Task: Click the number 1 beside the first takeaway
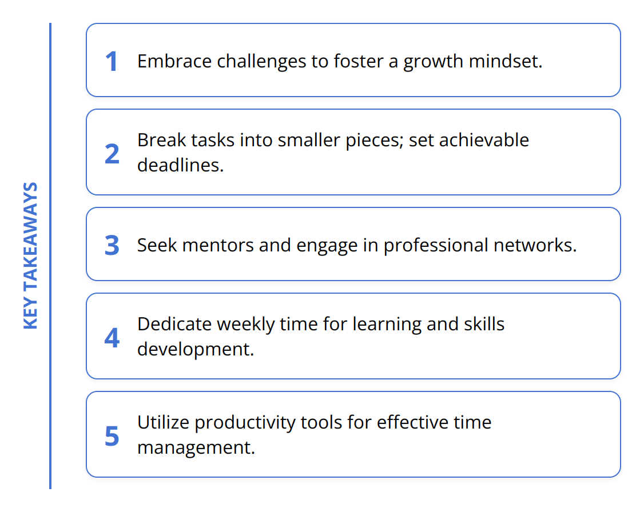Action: [112, 62]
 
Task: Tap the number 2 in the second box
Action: [112, 154]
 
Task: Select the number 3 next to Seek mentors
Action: [112, 245]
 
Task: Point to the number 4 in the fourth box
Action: [112, 338]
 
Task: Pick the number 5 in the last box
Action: [112, 436]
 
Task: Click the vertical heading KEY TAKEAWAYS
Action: [31, 255]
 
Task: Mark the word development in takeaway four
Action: [194, 349]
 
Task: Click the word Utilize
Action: [163, 422]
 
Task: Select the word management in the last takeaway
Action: [195, 447]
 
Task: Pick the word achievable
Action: [483, 140]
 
